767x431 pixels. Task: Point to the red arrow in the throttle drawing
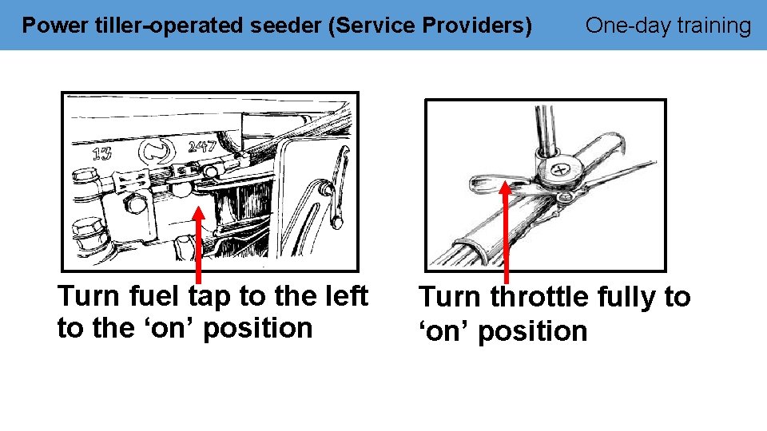506,231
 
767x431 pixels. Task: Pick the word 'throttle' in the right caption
542,297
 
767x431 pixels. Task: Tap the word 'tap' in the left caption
211,296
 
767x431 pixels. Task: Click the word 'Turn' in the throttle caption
451,297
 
